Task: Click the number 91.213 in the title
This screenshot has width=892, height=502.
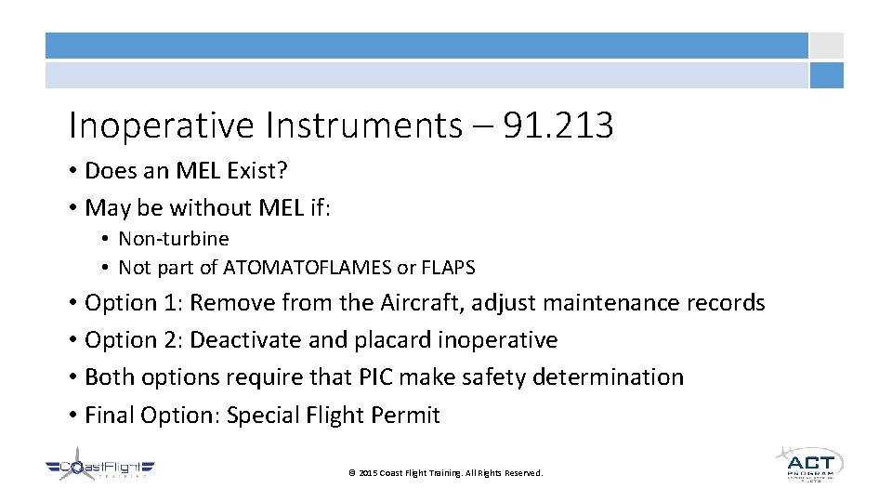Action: coord(557,125)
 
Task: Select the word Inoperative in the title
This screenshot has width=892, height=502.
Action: coord(145,125)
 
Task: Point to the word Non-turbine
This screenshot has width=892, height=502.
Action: coord(173,239)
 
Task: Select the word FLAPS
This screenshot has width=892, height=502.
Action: coord(448,268)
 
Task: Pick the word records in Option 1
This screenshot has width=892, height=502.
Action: coord(728,303)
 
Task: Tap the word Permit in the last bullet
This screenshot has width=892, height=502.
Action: coord(406,415)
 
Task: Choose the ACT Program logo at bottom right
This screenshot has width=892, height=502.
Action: coord(809,464)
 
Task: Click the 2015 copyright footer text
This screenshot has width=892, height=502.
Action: coord(445,473)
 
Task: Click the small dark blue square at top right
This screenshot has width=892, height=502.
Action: coord(826,75)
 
